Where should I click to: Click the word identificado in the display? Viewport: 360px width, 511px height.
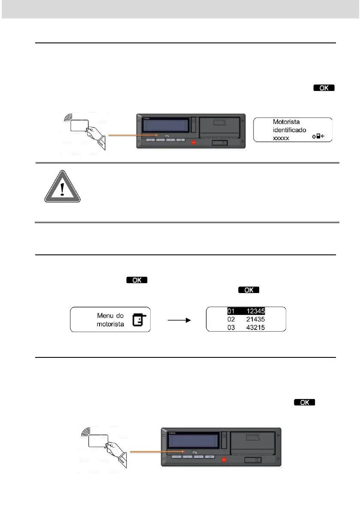[x=290, y=130]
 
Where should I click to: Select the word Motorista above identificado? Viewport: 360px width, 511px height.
[x=287, y=122]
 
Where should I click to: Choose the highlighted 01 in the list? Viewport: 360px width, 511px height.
[x=232, y=311]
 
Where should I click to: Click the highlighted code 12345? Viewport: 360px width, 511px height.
[x=259, y=311]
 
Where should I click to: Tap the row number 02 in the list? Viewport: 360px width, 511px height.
[x=232, y=319]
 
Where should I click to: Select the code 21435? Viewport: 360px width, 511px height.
[x=259, y=319]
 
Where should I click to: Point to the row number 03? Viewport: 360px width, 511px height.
[x=232, y=327]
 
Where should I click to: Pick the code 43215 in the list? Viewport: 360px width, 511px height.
[x=259, y=327]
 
